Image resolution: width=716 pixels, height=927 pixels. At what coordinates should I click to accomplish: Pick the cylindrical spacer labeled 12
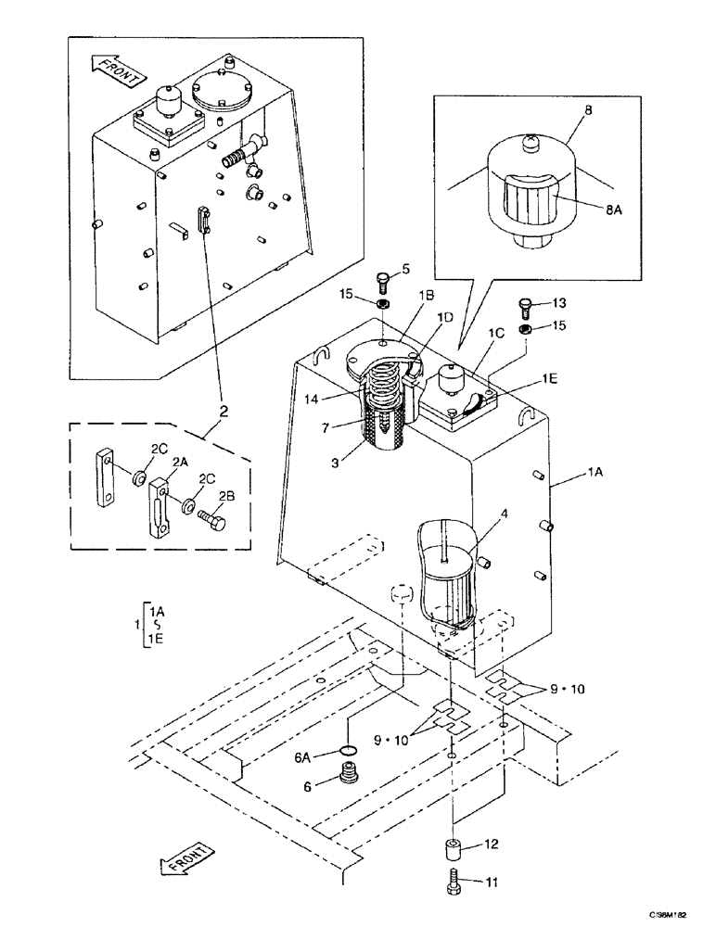pyautogui.click(x=452, y=849)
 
